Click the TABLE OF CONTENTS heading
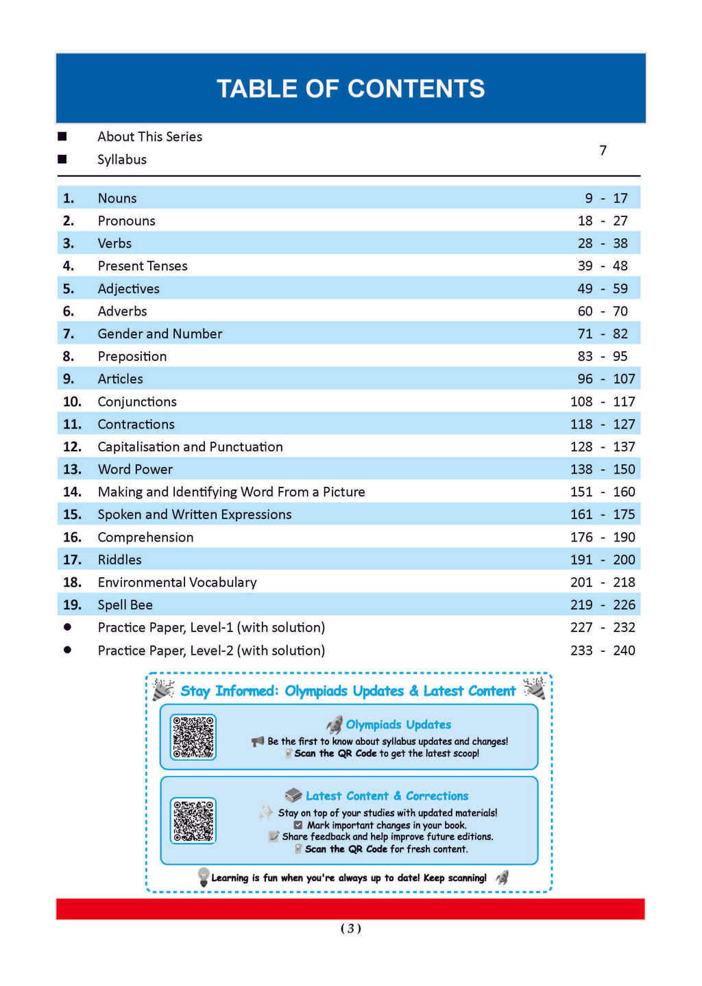[350, 89]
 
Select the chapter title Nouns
[117, 199]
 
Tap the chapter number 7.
[68, 334]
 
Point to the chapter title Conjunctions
[137, 402]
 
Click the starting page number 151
[581, 492]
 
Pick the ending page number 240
[624, 650]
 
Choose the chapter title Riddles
[119, 560]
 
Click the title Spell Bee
[125, 605]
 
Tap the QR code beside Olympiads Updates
[193, 737]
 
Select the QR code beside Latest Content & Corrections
[193, 820]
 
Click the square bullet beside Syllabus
[62, 160]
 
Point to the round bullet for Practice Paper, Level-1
[67, 627]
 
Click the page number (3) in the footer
[350, 928]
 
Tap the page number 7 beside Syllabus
[603, 151]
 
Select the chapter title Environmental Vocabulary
[177, 583]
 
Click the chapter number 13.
[72, 470]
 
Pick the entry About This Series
[149, 137]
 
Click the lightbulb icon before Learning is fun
[203, 877]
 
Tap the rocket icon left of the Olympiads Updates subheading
[335, 724]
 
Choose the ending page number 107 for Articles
[624, 379]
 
